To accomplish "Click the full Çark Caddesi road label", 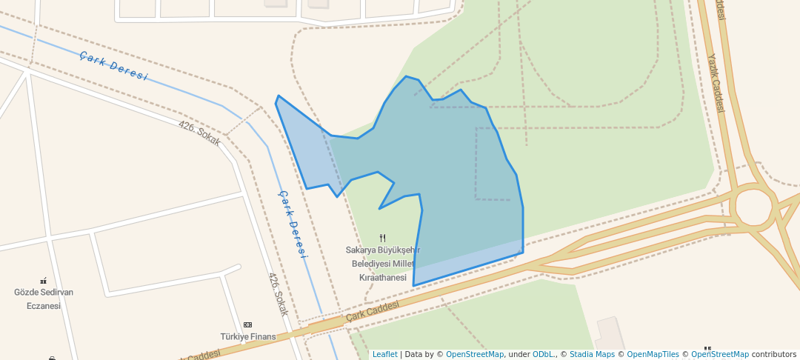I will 372,311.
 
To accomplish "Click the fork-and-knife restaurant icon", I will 382,238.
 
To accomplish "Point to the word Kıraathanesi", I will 382,277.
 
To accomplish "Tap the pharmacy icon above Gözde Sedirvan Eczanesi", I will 44,281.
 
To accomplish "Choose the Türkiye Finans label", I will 247,336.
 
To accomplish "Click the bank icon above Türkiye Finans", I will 247,324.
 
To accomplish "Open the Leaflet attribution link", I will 384,354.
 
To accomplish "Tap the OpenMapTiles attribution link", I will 653,354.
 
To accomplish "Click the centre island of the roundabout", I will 755,207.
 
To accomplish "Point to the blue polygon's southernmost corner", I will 413,285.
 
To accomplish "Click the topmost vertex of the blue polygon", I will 406,76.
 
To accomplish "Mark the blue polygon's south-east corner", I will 523,253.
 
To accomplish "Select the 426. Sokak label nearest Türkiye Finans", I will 277,294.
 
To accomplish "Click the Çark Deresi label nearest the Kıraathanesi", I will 292,222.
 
